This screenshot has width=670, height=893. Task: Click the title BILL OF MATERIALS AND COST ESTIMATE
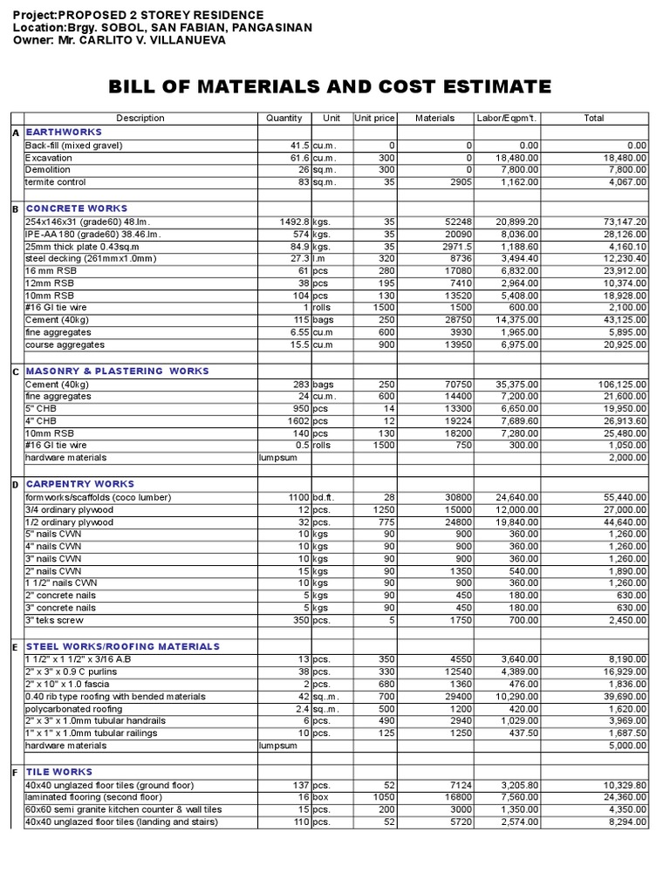330,86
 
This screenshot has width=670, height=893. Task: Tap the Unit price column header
374,118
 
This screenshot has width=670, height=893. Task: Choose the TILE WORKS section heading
59,772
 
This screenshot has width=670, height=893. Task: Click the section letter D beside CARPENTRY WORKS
15,484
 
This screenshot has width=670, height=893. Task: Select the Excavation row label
49,158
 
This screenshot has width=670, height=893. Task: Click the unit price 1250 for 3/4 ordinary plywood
383,509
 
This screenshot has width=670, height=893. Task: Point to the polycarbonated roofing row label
75,709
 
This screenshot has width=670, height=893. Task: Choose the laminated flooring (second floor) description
93,797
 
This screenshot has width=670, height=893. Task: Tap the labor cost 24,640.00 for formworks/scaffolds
515,497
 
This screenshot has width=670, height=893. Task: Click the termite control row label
56,182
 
